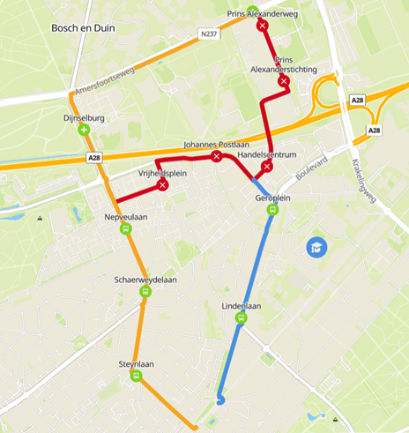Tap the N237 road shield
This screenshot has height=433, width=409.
208,34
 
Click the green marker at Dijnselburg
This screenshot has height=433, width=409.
84,130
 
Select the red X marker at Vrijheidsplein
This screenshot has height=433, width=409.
162,184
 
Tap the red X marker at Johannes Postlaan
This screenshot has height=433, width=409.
216,156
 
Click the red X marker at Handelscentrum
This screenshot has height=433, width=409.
266,166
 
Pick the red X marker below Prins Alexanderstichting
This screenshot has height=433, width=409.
283,81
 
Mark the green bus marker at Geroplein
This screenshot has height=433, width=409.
272,210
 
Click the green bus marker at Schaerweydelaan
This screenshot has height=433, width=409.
145,292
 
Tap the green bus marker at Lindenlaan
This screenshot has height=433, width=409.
241,318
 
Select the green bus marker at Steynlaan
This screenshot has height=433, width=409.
137,376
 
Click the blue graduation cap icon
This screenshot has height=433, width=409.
316,248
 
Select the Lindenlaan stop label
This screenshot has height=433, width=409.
241,306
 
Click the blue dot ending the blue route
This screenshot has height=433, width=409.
220,399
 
